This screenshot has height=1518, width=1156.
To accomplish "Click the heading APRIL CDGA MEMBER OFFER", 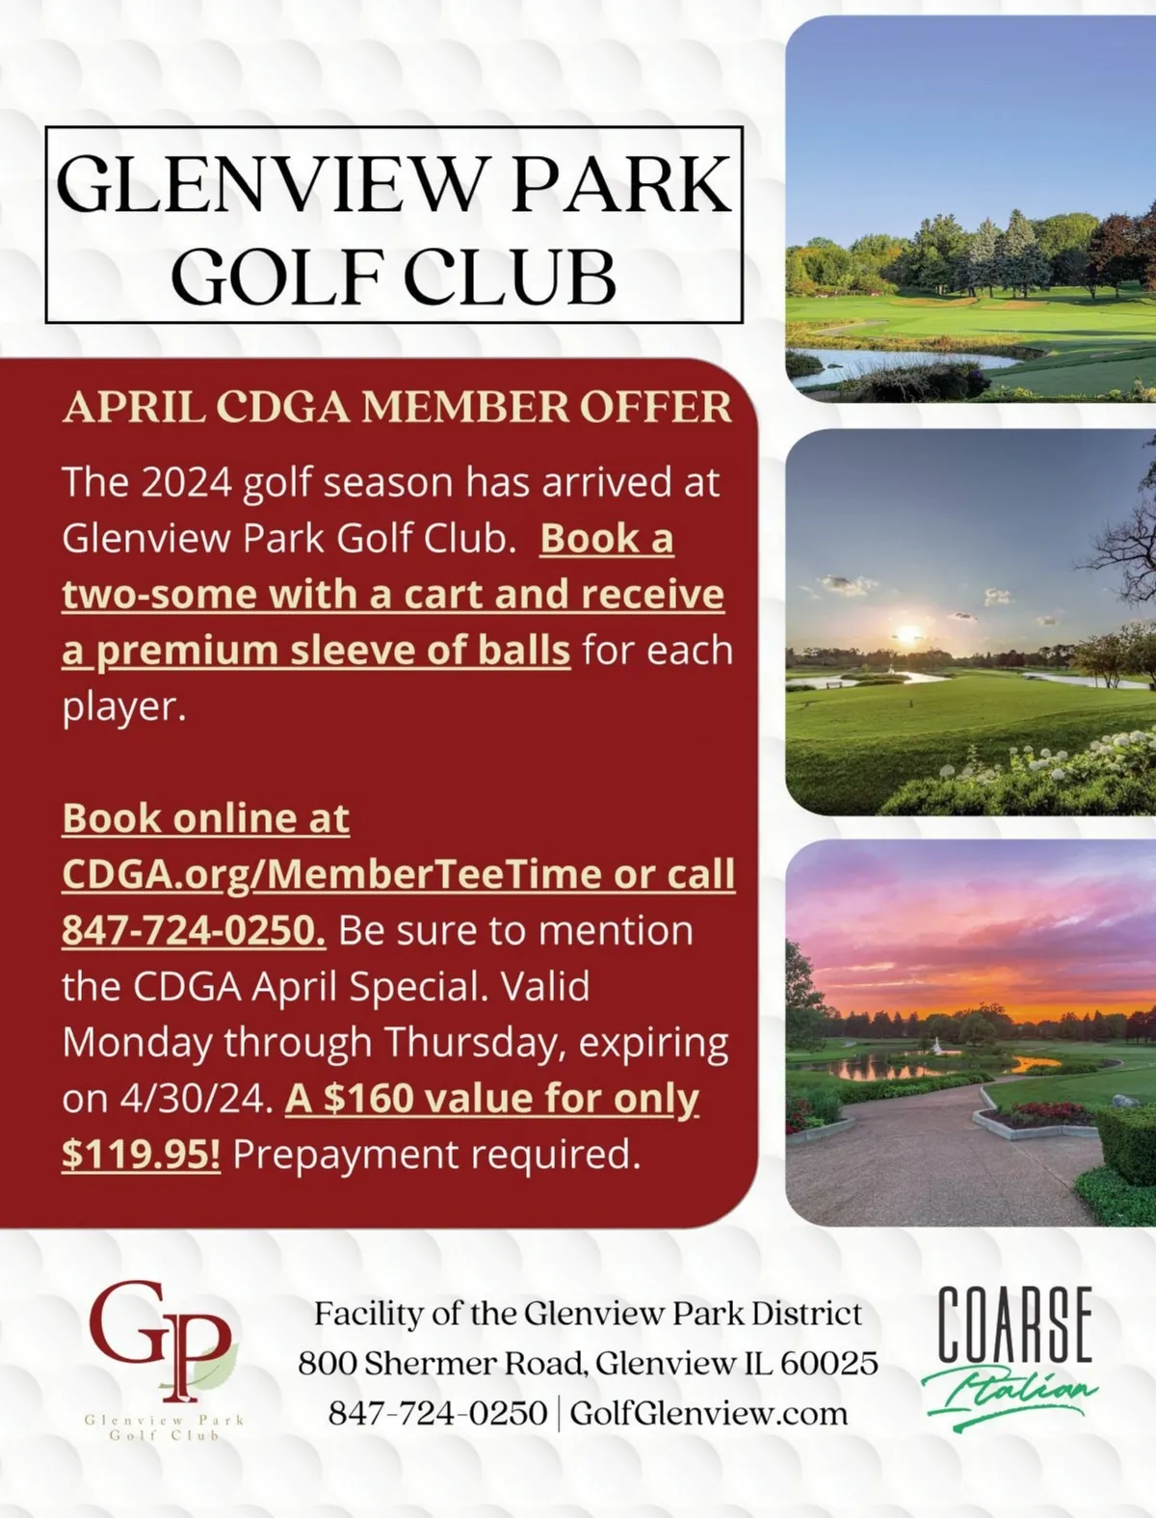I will click(x=397, y=407).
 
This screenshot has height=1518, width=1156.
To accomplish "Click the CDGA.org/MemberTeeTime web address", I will click(x=332, y=874).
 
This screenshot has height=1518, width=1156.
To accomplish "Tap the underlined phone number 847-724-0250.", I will click(x=193, y=930).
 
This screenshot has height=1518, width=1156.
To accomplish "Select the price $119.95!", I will click(x=141, y=1154).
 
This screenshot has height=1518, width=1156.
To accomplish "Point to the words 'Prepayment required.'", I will click(x=436, y=1154).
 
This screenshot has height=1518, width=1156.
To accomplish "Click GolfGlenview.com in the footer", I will click(x=709, y=1414).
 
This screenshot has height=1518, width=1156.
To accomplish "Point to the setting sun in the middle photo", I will click(x=907, y=634).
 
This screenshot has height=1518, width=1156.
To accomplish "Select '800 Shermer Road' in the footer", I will click(x=440, y=1363).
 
